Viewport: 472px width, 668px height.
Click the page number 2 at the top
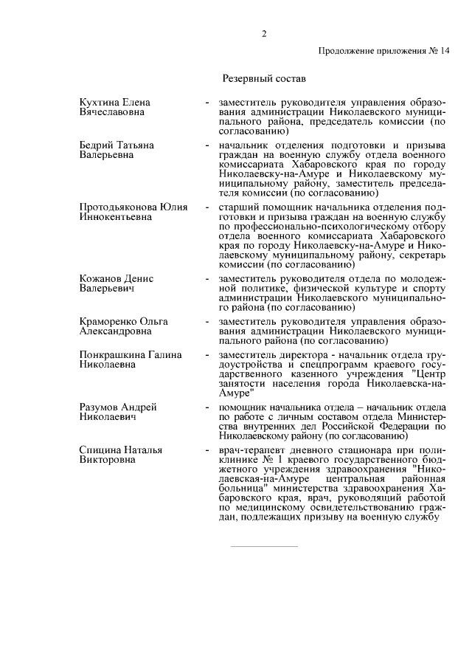pos(263,33)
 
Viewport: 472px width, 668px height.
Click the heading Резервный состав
pos(263,77)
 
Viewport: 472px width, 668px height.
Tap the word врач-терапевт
pos(243,450)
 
